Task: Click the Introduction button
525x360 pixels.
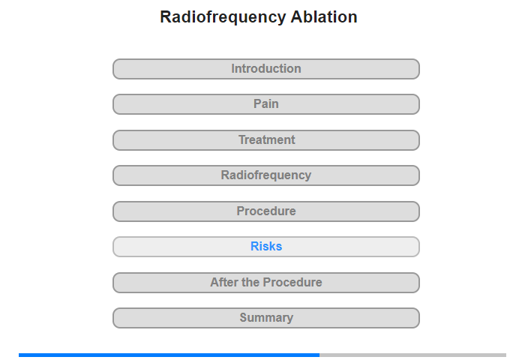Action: pos(266,69)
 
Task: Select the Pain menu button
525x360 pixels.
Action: pos(266,104)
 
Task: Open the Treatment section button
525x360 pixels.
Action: pos(266,140)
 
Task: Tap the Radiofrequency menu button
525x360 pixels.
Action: pos(266,175)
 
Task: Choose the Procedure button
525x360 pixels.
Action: pos(266,211)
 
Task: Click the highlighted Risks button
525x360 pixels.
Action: pos(266,247)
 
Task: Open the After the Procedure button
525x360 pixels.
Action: pos(266,283)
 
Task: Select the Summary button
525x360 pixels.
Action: pos(266,318)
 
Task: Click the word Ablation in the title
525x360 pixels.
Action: pos(324,16)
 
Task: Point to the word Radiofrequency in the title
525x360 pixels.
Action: pos(223,17)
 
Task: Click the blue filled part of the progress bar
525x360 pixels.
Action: pos(169,355)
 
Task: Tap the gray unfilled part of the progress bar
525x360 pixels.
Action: pos(412,355)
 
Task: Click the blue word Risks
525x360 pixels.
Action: pos(266,247)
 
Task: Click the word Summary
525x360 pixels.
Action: pos(266,318)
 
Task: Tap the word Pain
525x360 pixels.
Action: pos(266,103)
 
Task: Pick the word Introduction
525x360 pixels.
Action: pos(266,69)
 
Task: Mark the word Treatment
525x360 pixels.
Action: pos(267,139)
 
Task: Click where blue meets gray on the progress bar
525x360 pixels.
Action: pos(319,355)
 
